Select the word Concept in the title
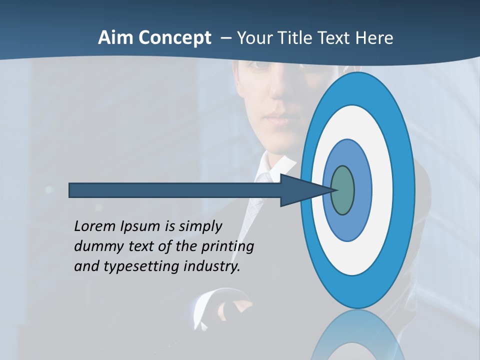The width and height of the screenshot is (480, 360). click(174, 38)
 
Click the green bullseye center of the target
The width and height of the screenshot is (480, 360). click(343, 190)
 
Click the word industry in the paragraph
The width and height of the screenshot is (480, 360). click(212, 266)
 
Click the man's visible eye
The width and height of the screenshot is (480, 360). click(259, 64)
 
